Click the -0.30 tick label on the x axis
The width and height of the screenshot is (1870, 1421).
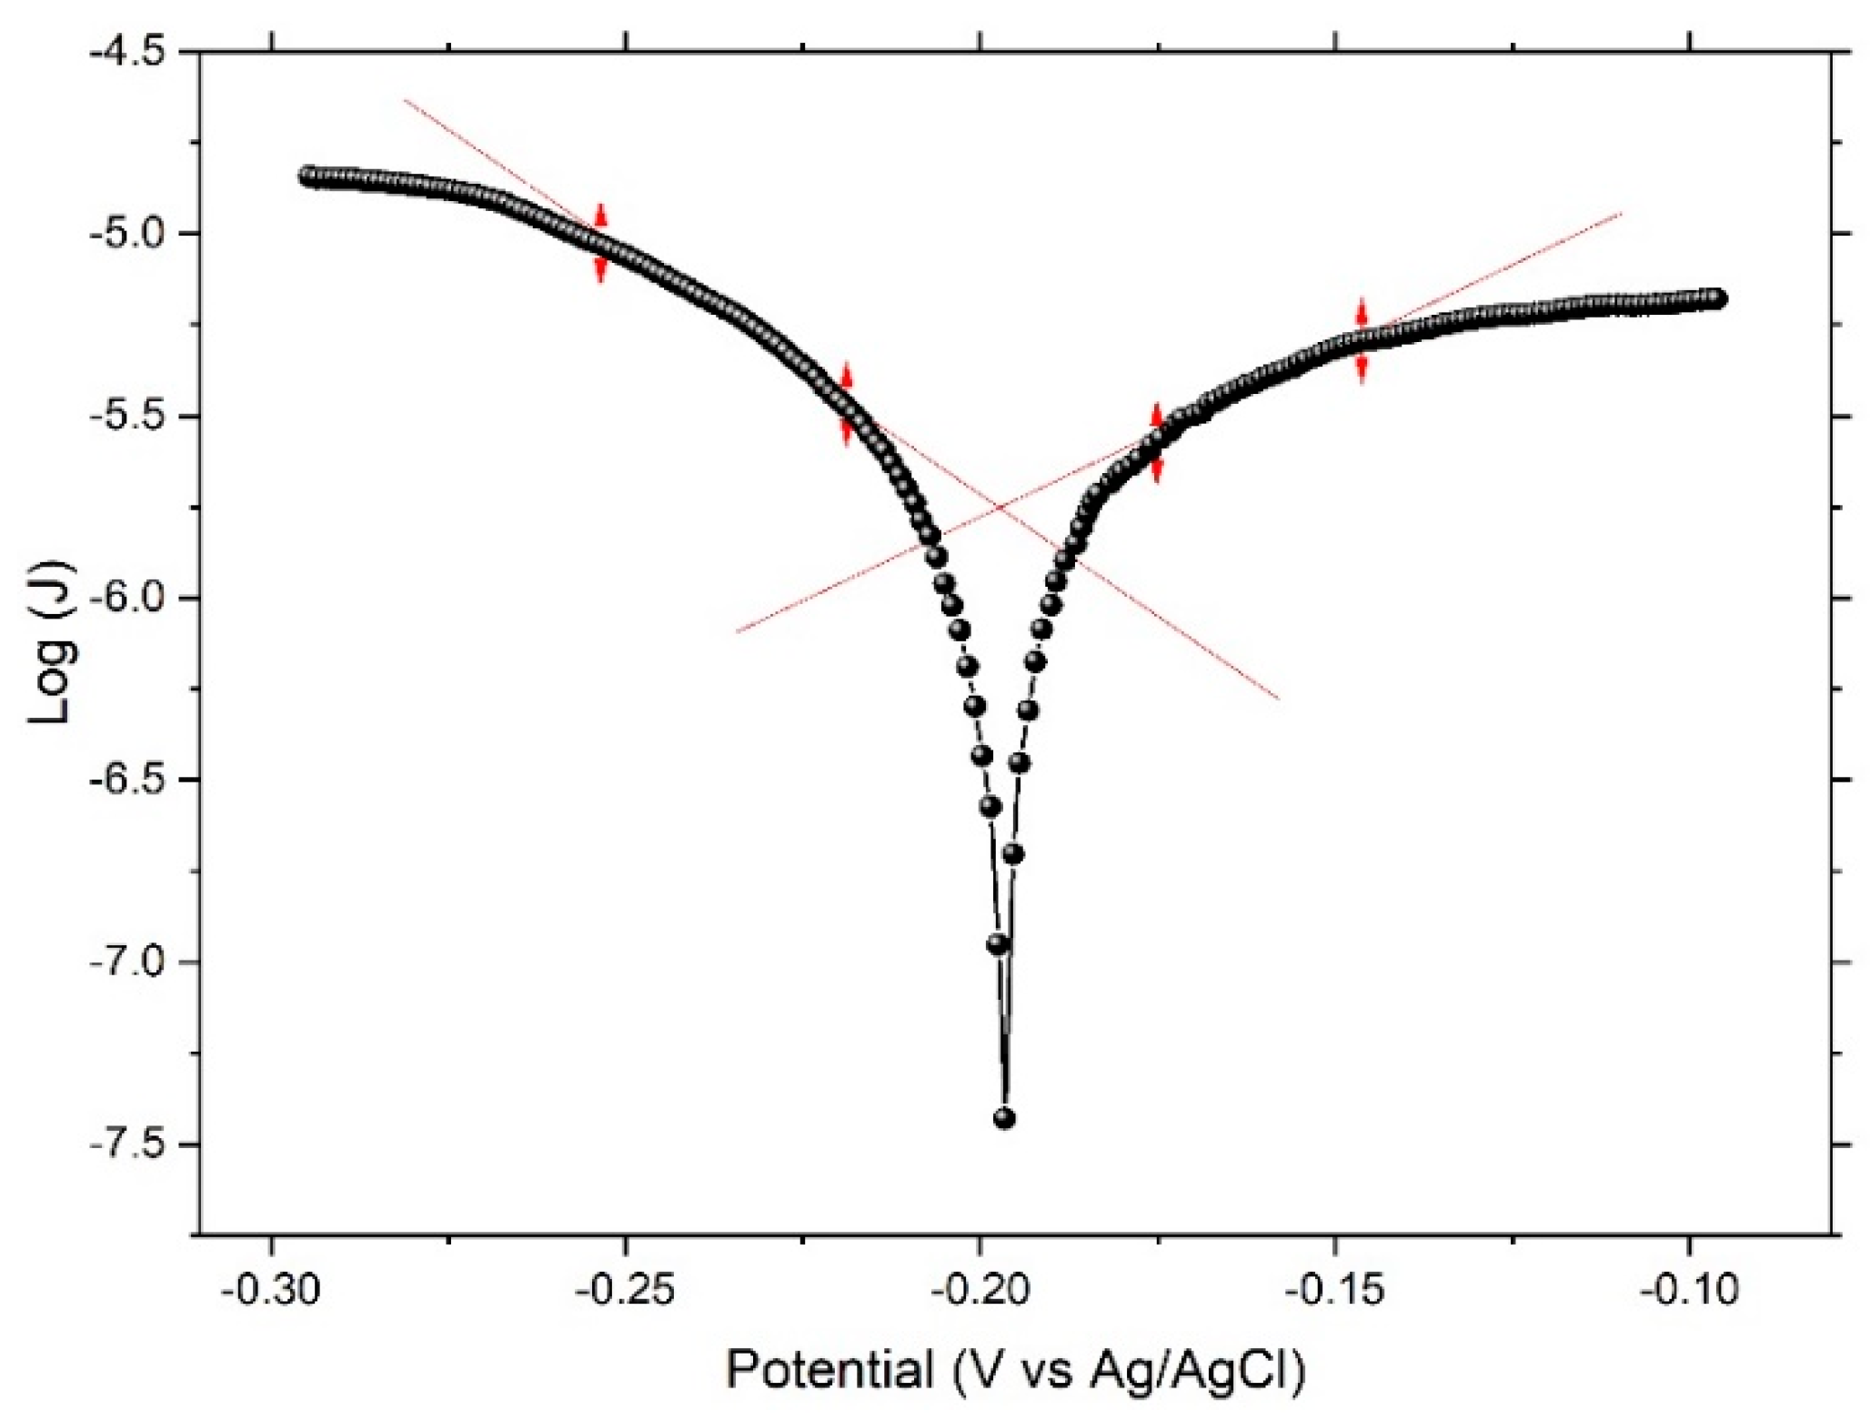tap(269, 1290)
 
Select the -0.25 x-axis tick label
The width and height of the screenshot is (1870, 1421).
tap(625, 1290)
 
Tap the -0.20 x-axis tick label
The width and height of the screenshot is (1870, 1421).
tap(980, 1290)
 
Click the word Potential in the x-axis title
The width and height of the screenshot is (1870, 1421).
tap(829, 1369)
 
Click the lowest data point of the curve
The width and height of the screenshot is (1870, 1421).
tap(1004, 1118)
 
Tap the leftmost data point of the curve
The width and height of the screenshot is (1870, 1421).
tap(308, 176)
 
